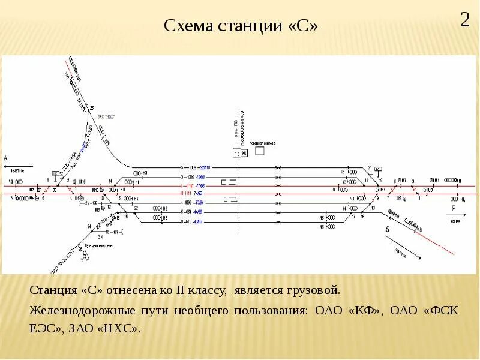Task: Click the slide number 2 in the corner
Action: pyautogui.click(x=465, y=20)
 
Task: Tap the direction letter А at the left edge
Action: pyautogui.click(x=6, y=158)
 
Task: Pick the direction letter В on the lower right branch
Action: pyautogui.click(x=388, y=230)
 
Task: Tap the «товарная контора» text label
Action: pyautogui.click(x=262, y=143)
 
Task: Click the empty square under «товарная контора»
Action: pyautogui.click(x=260, y=151)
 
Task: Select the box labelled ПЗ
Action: pyautogui.click(x=237, y=154)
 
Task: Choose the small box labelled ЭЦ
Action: pyautogui.click(x=244, y=154)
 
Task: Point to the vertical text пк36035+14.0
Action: pyautogui.click(x=242, y=125)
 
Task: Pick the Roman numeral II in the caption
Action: pyautogui.click(x=182, y=290)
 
